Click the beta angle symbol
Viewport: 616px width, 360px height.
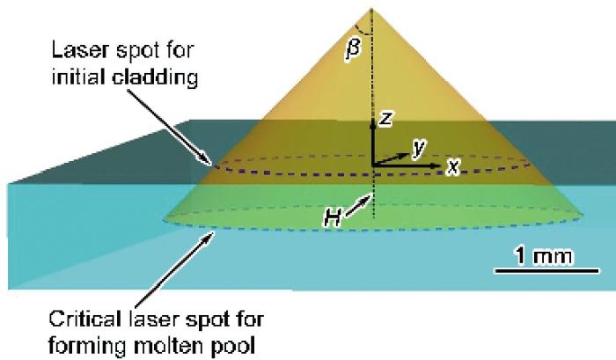354,50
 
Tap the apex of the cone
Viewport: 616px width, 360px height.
371,9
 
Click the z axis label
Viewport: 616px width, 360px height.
385,118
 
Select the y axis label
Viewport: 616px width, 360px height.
419,148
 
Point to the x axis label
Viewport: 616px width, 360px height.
453,166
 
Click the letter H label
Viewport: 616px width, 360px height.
333,217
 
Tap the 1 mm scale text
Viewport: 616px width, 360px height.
544,256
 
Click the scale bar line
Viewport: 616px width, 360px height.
546,270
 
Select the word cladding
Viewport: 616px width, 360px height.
155,77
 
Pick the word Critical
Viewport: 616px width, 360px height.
84,319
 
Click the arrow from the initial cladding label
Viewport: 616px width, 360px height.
171,126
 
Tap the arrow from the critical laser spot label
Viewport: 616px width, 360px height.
174,269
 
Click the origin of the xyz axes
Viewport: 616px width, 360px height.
373,165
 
